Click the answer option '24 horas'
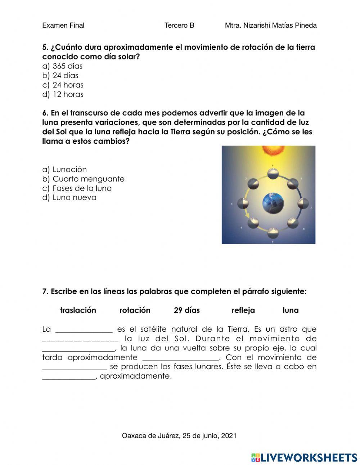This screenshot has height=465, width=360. [x=68, y=85]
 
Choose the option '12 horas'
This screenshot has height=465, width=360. [x=68, y=94]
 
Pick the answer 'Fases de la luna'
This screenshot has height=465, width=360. [x=82, y=188]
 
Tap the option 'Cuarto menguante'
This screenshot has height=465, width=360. [x=88, y=179]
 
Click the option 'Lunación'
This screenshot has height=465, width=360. [x=69, y=170]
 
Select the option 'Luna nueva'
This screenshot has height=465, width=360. [x=74, y=198]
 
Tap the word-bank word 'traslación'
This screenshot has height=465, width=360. [x=78, y=310]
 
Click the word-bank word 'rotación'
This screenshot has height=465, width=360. [x=135, y=310]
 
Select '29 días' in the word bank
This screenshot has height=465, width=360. [x=186, y=310]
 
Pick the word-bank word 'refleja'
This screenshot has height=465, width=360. [x=243, y=310]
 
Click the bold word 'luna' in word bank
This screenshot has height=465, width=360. [x=291, y=310]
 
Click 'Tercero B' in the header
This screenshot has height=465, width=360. [x=179, y=26]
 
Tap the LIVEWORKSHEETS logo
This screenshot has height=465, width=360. [x=304, y=457]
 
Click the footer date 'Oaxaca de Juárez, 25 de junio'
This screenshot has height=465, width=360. [x=179, y=436]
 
